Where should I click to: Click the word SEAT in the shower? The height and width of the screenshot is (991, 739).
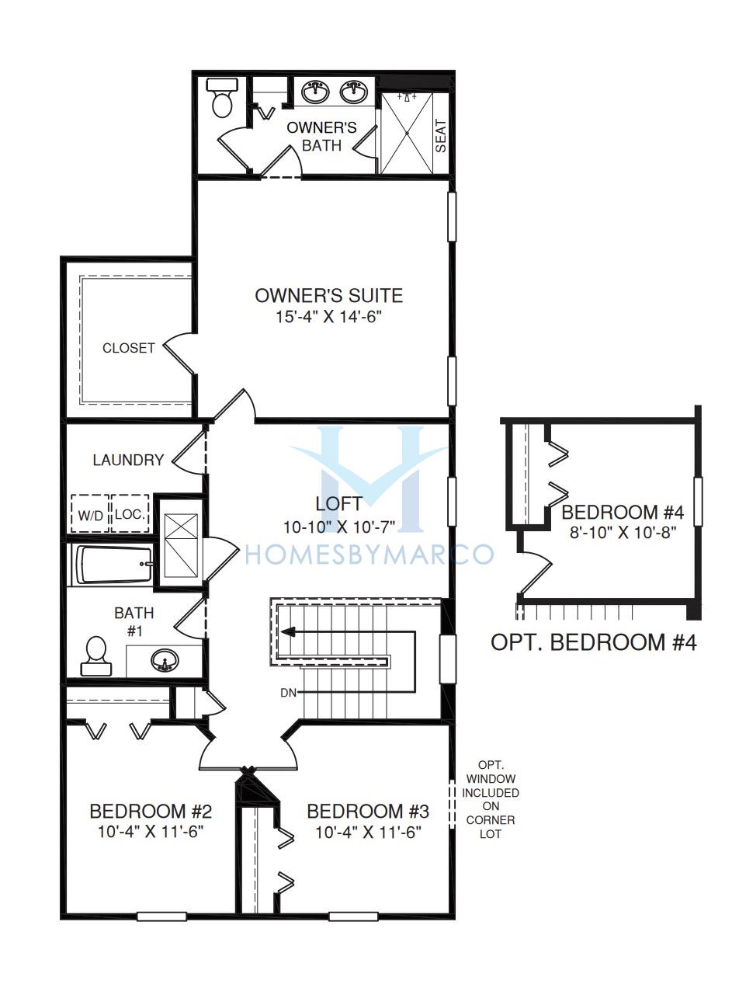coord(440,135)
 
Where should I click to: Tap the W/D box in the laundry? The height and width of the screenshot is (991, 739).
coord(90,514)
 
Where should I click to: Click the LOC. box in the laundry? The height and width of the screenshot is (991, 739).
coord(130,514)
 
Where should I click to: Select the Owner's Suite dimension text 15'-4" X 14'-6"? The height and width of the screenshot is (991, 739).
coord(329,317)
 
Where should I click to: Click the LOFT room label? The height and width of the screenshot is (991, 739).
coord(338,504)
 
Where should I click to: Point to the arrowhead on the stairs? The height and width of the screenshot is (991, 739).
coord(287,631)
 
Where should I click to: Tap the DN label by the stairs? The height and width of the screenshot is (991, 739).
coord(288,693)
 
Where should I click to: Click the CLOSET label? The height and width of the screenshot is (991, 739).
coord(129,348)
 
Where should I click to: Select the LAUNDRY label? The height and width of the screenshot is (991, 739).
coord(128,460)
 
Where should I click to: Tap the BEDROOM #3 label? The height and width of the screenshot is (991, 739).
coord(368,812)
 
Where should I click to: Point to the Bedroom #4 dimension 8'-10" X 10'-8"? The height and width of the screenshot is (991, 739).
coord(623,533)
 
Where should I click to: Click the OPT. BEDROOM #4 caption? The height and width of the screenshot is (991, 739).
coord(593,642)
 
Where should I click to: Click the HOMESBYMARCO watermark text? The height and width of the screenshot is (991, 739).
coord(369,555)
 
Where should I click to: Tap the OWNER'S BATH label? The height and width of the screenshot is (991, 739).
coord(321,137)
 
